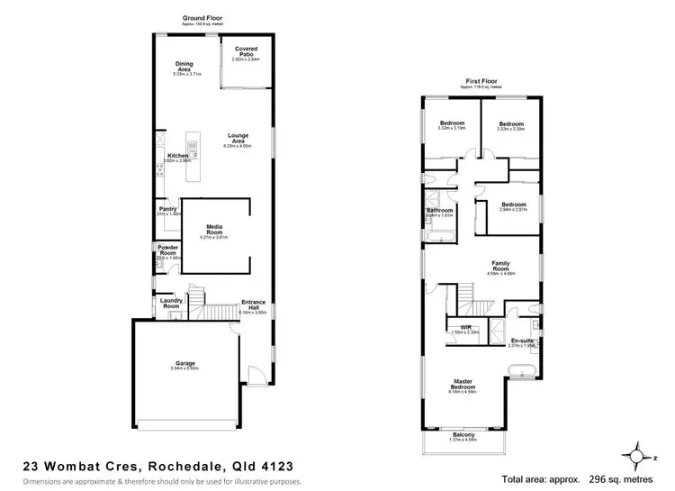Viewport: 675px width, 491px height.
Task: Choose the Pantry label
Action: [168, 209]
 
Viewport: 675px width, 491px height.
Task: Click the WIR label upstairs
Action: [465, 327]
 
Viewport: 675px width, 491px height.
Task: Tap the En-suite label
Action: [522, 340]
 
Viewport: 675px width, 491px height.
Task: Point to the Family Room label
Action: [500, 266]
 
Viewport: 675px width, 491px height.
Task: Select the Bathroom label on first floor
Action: [439, 211]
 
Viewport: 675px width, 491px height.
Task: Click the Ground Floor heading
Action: [202, 17]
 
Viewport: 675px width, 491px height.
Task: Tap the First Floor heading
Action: [481, 80]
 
